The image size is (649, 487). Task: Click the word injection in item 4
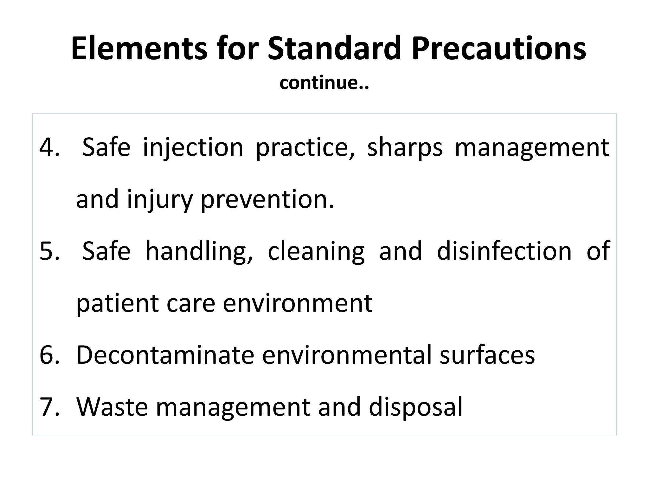coord(193,147)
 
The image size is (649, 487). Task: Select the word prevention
coord(267,200)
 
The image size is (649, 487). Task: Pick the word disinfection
coord(504,251)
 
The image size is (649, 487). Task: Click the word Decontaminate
coord(165,355)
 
